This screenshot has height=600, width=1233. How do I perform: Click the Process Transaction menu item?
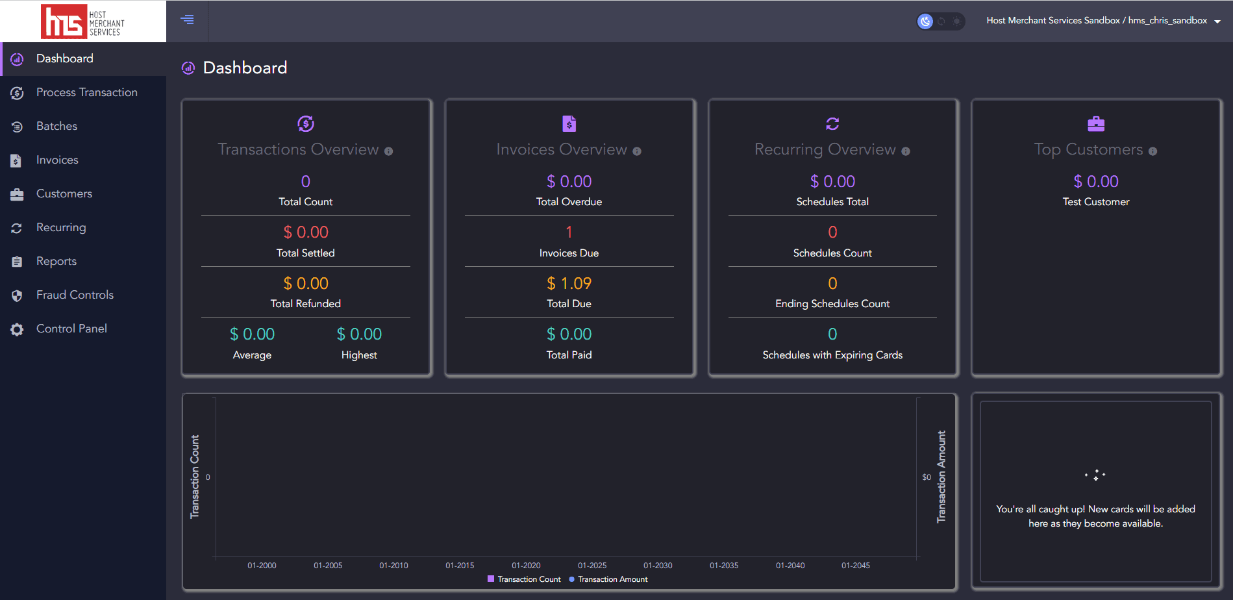click(x=86, y=92)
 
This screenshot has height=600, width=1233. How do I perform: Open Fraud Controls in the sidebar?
click(x=75, y=295)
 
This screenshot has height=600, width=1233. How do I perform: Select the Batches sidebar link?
click(x=56, y=126)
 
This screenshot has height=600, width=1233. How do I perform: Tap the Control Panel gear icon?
click(x=17, y=329)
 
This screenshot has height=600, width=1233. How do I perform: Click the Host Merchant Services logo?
click(x=82, y=21)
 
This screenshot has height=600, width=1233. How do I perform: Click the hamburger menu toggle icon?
click(x=187, y=19)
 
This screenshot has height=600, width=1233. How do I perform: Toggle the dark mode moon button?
click(x=925, y=21)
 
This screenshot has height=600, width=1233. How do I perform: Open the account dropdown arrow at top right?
click(x=1217, y=21)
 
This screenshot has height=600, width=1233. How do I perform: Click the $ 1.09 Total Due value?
click(x=569, y=283)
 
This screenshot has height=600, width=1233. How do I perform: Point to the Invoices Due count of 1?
click(x=569, y=232)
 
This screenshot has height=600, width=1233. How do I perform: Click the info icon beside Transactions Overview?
click(x=388, y=151)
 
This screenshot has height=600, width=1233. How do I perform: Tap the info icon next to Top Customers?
click(x=1152, y=151)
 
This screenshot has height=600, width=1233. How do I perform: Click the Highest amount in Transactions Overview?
click(x=359, y=334)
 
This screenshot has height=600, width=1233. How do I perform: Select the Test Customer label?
click(x=1095, y=202)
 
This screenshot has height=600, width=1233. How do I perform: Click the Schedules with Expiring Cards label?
click(x=832, y=355)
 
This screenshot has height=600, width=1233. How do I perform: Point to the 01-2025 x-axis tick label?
click(x=592, y=566)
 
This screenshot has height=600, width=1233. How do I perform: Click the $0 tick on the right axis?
click(x=927, y=477)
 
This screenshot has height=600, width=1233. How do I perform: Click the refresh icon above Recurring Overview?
click(x=832, y=123)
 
